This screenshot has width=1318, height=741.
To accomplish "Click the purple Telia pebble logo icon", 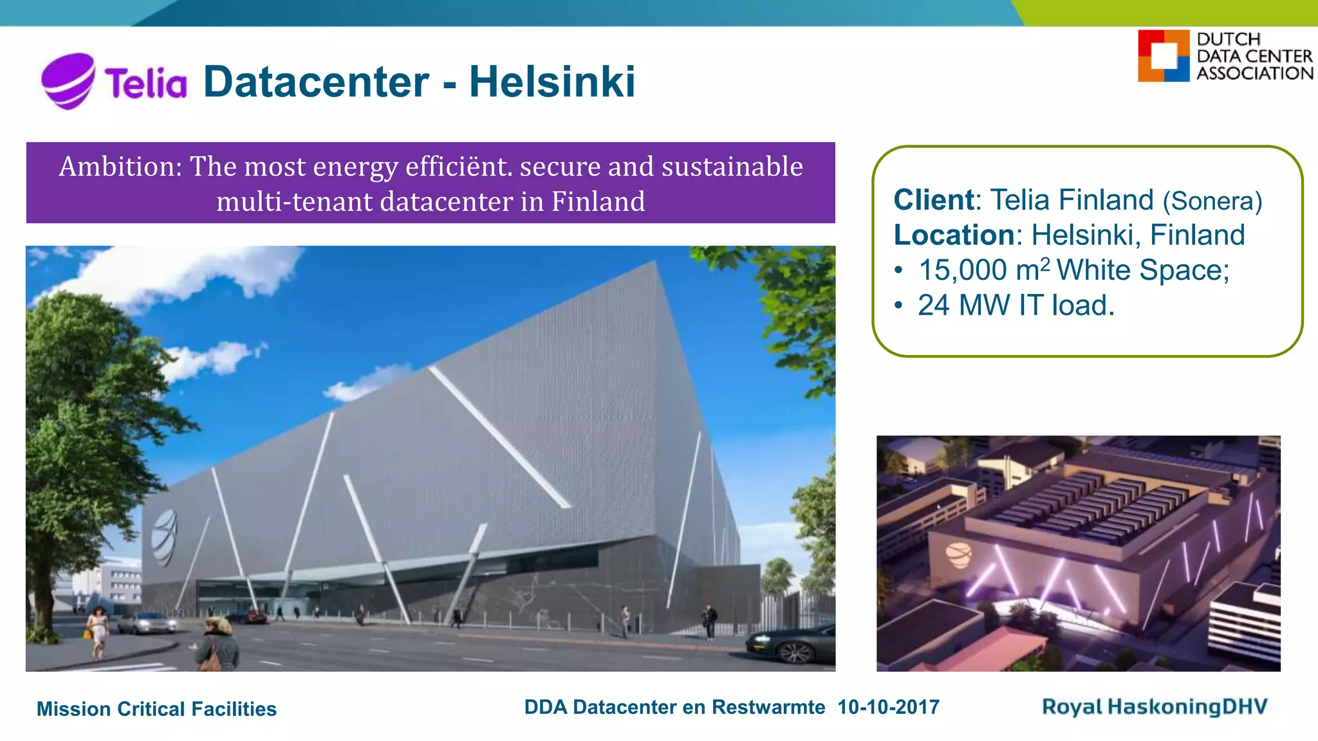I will click(68, 80).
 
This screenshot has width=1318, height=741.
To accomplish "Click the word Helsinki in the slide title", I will click(552, 82).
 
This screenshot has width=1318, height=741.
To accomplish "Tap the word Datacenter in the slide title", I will click(316, 82).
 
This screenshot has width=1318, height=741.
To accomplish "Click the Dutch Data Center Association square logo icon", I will click(1163, 56).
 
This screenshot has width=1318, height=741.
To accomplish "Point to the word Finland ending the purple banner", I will click(598, 202).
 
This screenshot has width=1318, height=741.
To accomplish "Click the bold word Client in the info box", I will click(933, 200).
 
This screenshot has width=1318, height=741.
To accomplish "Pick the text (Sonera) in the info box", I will click(1212, 201).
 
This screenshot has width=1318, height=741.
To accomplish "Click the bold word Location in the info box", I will click(954, 235).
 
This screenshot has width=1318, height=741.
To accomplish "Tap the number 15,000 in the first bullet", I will click(962, 270).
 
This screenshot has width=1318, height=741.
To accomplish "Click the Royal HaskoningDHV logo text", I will click(1155, 707).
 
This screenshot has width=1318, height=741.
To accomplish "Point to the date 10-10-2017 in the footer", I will click(888, 708).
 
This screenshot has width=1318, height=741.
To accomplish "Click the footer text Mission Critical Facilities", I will click(156, 709).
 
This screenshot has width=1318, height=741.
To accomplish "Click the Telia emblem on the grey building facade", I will click(165, 536).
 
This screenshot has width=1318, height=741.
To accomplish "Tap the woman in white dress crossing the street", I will click(97, 630).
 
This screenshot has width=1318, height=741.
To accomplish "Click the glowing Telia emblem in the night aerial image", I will click(958, 554).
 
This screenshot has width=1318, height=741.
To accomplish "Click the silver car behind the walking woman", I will click(147, 623).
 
